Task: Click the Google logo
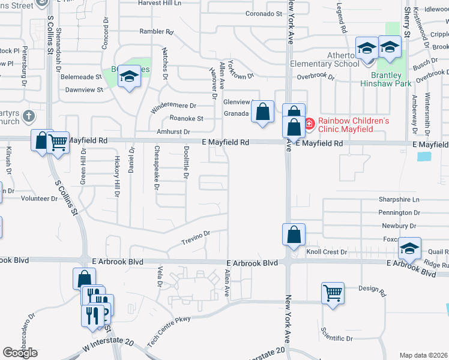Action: (x=20, y=353)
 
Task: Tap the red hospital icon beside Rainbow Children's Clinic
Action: (x=309, y=125)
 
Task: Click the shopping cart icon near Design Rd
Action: (x=333, y=293)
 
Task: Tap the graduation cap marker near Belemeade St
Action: (x=128, y=76)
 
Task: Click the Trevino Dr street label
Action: (x=195, y=238)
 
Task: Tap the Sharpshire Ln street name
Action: (x=399, y=199)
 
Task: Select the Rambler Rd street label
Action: (x=156, y=32)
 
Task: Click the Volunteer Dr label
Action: (x=39, y=198)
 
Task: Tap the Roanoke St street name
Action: (x=186, y=118)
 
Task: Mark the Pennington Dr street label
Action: (x=399, y=212)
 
